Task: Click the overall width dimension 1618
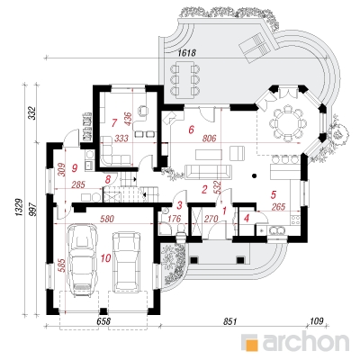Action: tap(186, 53)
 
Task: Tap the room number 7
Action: tap(113, 122)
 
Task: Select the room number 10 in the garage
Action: tap(105, 257)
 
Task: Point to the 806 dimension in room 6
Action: tap(210, 139)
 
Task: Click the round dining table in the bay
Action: tap(287, 123)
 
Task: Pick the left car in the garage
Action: tap(82, 261)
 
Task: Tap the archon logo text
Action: tap(306, 341)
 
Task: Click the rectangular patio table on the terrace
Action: tap(184, 77)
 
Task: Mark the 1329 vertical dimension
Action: tap(19, 207)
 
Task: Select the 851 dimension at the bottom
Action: tap(230, 321)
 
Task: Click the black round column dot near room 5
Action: tap(255, 175)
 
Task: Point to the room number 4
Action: tap(247, 218)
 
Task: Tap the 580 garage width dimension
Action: tap(107, 219)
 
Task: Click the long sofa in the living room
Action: tap(209, 172)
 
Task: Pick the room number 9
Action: tap(75, 168)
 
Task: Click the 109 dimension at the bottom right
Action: tap(317, 321)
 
